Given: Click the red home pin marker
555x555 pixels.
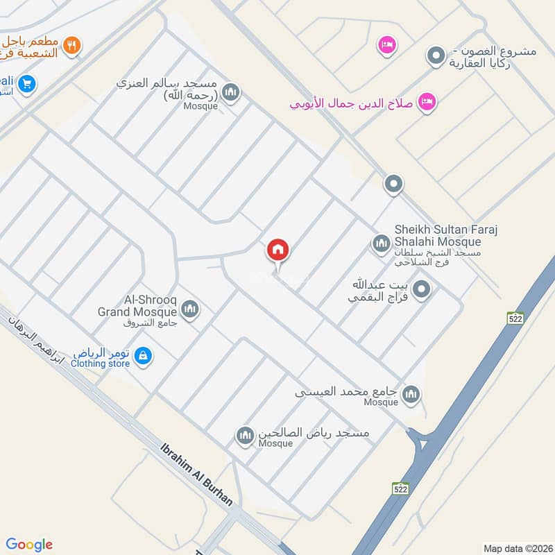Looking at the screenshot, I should pos(278,250).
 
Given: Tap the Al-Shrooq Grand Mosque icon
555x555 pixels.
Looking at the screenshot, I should pos(191,309).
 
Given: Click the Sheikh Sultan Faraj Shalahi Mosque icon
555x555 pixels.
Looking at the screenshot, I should pos(380,243).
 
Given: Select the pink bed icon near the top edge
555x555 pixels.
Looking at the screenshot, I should pos(386,46).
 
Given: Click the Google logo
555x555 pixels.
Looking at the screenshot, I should pos(30,544).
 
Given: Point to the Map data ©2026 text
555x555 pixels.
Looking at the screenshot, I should pos(516,548).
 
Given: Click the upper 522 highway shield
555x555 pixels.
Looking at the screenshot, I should pos(514,318).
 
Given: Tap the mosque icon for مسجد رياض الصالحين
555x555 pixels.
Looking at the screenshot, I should pos(244,436).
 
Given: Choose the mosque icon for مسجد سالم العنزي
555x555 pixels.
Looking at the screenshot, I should pos(231,92).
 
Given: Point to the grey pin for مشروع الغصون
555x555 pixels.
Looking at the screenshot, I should pos(436,55).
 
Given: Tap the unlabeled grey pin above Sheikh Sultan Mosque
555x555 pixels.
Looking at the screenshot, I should pos(393,185).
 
